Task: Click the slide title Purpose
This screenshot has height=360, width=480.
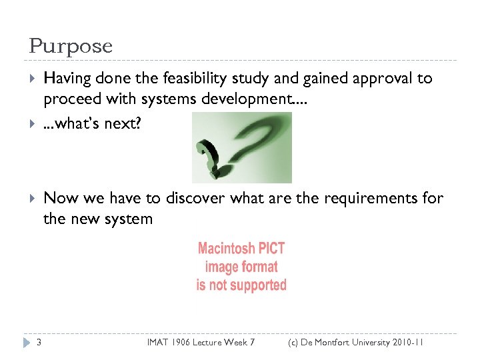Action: [x=71, y=47]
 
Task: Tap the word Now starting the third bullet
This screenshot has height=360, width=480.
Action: [x=60, y=198]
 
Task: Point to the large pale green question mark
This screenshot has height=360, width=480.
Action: [x=260, y=143]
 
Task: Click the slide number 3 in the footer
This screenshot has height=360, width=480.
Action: [x=39, y=343]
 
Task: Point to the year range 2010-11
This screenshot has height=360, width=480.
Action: [x=403, y=343]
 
